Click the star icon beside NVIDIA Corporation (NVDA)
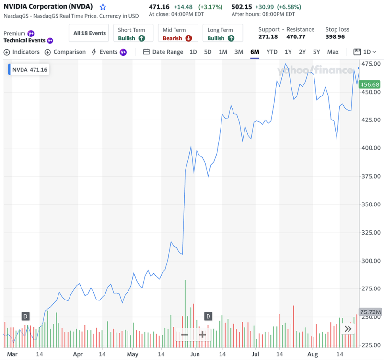pos(103,7)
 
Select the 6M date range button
pos(255,52)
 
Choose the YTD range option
pos(272,52)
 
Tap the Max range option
pos(333,52)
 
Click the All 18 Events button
pos(90,33)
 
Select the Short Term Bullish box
pos(132,34)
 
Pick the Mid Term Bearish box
pos(177,34)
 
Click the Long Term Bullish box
pos(222,34)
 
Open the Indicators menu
pos(23,52)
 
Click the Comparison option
pos(65,52)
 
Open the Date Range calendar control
pos(163,52)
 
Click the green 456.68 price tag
pos(370,84)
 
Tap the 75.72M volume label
pos(370,312)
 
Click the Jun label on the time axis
pos(195,354)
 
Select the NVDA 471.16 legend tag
pos(29,70)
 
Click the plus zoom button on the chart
pos(203,334)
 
